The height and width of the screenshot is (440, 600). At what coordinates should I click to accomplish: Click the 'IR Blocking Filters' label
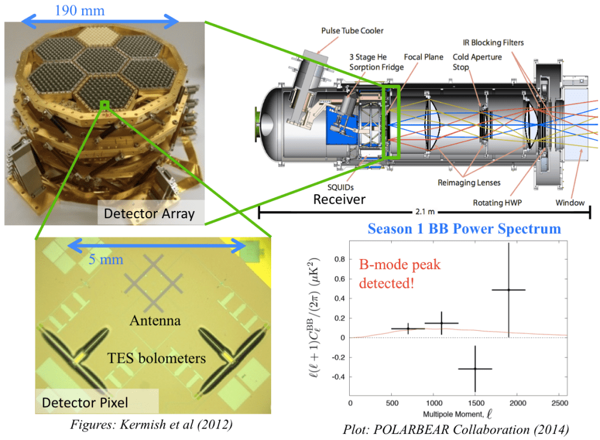pyautogui.click(x=493, y=43)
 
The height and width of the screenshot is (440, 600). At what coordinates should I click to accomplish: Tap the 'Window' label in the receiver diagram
pyautogui.click(x=569, y=203)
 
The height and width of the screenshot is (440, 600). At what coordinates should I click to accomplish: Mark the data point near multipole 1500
pyautogui.click(x=475, y=369)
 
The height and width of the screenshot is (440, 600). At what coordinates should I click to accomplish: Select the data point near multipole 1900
pyautogui.click(x=509, y=290)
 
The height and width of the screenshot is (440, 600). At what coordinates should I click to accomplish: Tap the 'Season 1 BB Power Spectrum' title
pyautogui.click(x=464, y=228)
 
